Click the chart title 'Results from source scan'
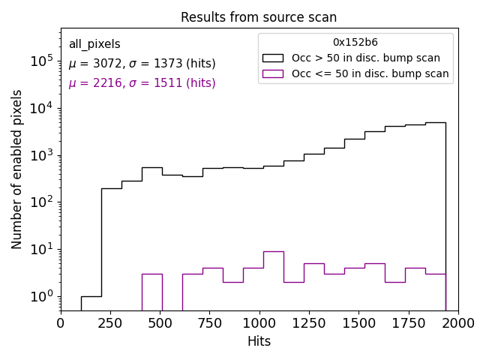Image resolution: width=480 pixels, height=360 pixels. [x=259, y=17]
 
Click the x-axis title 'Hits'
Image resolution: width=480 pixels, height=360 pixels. [x=259, y=341]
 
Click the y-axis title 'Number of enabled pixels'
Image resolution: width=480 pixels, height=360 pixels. [x=17, y=169]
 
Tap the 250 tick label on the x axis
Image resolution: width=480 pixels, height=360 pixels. [x=110, y=323]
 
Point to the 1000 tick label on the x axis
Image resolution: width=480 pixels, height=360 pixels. [x=259, y=323]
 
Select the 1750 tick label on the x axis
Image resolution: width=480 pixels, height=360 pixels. [x=408, y=323]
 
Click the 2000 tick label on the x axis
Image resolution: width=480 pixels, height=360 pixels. [x=457, y=323]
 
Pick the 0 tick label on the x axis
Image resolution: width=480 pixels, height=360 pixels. [x=61, y=323]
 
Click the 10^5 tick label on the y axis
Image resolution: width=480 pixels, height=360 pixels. [x=41, y=61]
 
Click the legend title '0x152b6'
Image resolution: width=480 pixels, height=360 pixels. [x=355, y=43]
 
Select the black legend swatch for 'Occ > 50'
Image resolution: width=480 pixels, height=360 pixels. [x=273, y=58]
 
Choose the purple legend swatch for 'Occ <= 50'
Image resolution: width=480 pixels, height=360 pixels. [x=273, y=73]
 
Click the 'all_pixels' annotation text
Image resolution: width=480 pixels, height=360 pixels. [x=94, y=44]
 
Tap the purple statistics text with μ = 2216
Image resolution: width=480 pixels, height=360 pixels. [x=142, y=83]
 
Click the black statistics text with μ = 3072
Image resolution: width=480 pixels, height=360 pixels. [x=142, y=64]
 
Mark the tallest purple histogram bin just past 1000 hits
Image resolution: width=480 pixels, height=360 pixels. [x=273, y=277]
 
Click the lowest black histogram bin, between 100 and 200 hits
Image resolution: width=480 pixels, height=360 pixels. [x=91, y=302]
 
